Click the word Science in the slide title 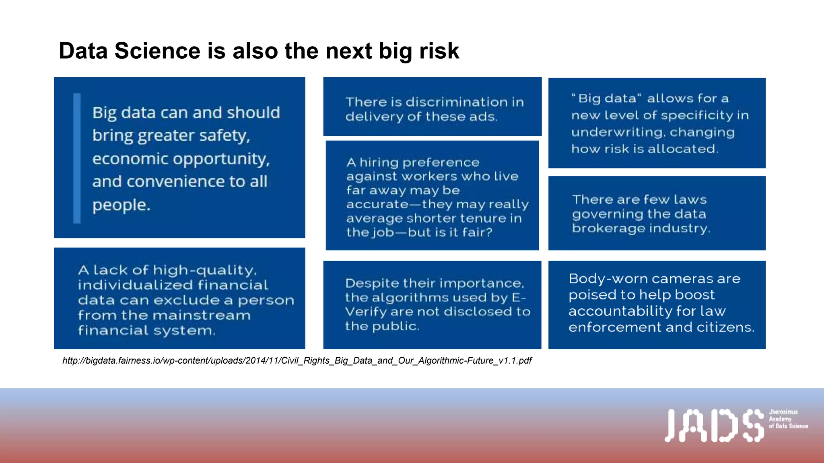157,51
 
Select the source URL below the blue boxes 297,361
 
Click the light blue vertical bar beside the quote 77,158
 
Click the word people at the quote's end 121,205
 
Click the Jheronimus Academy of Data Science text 787,419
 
